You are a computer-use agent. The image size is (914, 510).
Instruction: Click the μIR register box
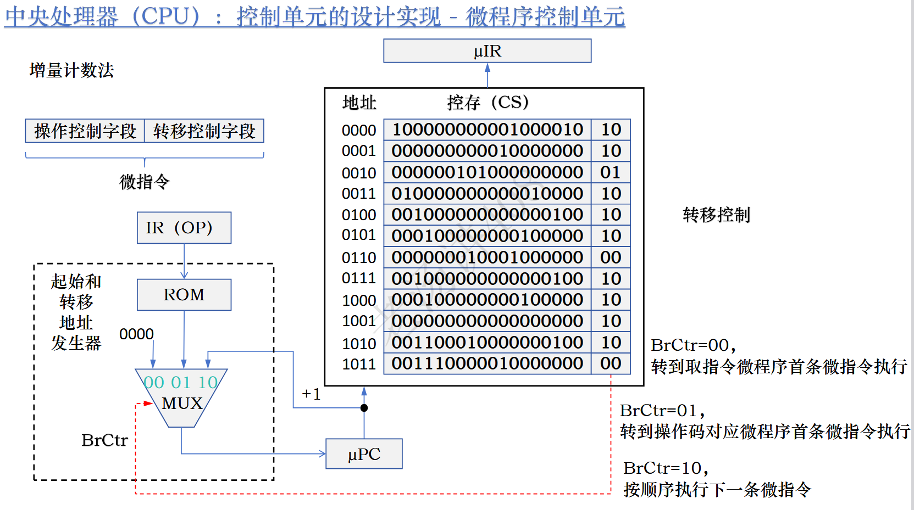pos(487,51)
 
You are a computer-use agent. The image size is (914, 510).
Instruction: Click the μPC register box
pos(364,454)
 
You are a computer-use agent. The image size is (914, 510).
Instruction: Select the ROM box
pos(184,295)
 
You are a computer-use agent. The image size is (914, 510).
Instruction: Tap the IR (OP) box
pos(184,227)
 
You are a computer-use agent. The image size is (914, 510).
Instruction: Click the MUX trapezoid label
pos(182,403)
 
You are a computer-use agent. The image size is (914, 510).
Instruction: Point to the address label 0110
pos(359,257)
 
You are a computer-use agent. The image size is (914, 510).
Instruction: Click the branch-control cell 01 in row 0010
pos(611,172)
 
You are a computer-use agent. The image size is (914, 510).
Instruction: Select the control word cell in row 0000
pos(487,130)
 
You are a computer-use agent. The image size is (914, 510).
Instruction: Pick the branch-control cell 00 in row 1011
pos(611,363)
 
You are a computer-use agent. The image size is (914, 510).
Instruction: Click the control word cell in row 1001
pos(487,321)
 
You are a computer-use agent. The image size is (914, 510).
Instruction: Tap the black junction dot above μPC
pos(364,408)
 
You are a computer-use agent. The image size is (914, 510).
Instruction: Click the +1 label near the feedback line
pos(311,394)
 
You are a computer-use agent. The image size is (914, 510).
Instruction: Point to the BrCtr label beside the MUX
pos(104,440)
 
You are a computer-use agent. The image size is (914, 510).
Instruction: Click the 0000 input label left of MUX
pos(136,334)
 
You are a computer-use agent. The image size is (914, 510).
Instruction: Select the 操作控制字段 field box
pos(85,131)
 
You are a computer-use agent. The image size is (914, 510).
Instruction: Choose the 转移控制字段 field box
pos(204,131)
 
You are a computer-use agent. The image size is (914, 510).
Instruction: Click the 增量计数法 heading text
pos(71,70)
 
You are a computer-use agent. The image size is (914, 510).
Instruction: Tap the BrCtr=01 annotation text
pos(662,411)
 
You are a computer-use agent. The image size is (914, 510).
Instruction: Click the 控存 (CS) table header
pos(487,103)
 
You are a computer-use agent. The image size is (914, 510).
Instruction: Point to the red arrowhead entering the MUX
pos(148,403)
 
